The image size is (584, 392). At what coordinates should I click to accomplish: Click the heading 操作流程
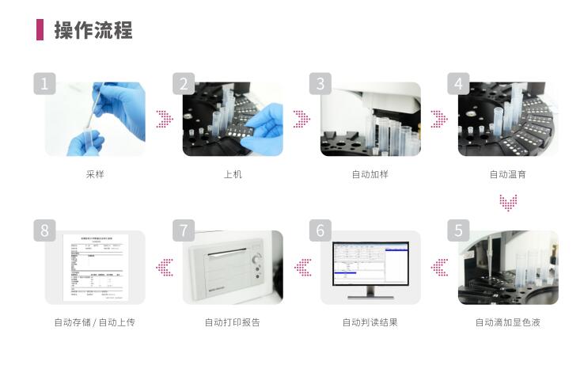click(x=93, y=30)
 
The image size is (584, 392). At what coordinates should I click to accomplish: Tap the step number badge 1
click(x=44, y=83)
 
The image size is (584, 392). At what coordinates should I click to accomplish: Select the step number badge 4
click(x=457, y=83)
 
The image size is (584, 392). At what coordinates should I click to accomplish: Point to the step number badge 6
click(x=320, y=230)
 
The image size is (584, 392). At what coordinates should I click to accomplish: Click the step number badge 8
click(x=44, y=230)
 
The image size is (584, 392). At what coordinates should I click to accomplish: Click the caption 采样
click(x=95, y=174)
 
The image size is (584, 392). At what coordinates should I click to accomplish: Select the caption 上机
click(x=233, y=174)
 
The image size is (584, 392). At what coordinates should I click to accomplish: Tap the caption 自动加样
click(x=370, y=174)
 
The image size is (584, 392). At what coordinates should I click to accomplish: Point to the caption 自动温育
click(x=508, y=174)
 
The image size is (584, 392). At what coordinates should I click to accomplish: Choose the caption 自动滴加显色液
click(x=508, y=322)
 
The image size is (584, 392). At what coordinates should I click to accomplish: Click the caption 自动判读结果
click(x=370, y=322)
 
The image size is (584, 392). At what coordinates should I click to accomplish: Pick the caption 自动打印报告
click(x=233, y=322)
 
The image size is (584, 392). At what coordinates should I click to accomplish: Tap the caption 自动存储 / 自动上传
click(x=95, y=322)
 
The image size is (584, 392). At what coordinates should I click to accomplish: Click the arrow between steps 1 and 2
click(x=164, y=119)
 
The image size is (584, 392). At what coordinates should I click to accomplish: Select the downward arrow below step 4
click(x=508, y=204)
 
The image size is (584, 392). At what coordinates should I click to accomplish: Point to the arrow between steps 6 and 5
click(x=439, y=268)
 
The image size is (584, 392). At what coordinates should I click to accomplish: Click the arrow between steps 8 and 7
click(x=164, y=268)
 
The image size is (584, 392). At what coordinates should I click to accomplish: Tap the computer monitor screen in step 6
click(x=370, y=262)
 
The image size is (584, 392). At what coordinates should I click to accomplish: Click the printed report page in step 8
click(x=95, y=267)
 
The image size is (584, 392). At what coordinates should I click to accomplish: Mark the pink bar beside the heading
click(x=40, y=30)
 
